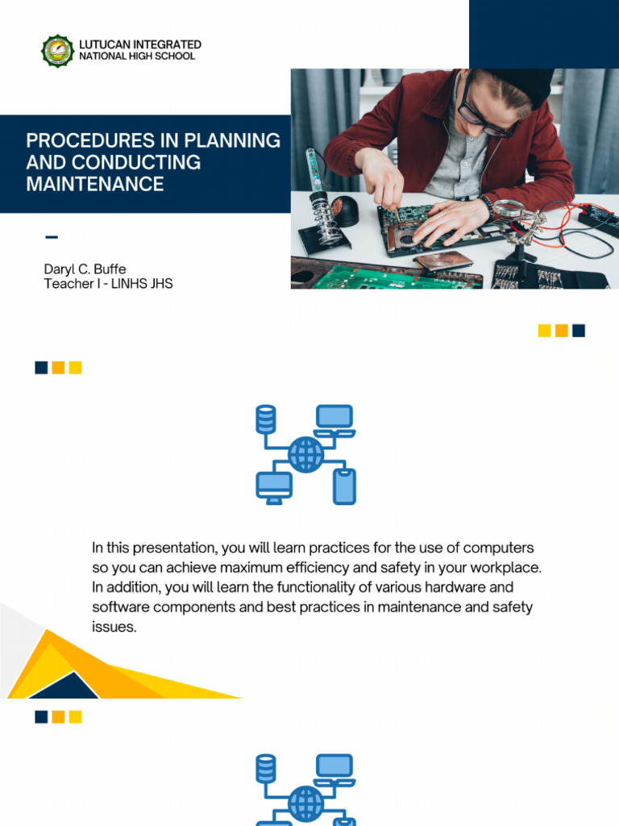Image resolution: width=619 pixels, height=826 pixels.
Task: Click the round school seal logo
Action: coord(57,50)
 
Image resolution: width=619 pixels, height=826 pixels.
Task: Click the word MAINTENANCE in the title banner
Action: coord(95,184)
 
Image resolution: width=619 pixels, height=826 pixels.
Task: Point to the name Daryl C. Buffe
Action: coord(85,269)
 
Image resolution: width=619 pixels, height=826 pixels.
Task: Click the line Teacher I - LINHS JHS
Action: coord(108,284)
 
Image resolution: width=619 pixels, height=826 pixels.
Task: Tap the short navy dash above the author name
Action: coord(52,237)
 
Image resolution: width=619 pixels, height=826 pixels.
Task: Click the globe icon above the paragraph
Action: coord(305,454)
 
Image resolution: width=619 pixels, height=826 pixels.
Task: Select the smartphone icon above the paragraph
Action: coord(345,486)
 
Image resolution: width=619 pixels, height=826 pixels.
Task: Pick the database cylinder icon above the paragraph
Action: coord(265,419)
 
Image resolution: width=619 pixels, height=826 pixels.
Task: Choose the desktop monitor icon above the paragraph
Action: coord(274,486)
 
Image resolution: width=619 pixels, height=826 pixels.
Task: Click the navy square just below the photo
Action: coord(578,330)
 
